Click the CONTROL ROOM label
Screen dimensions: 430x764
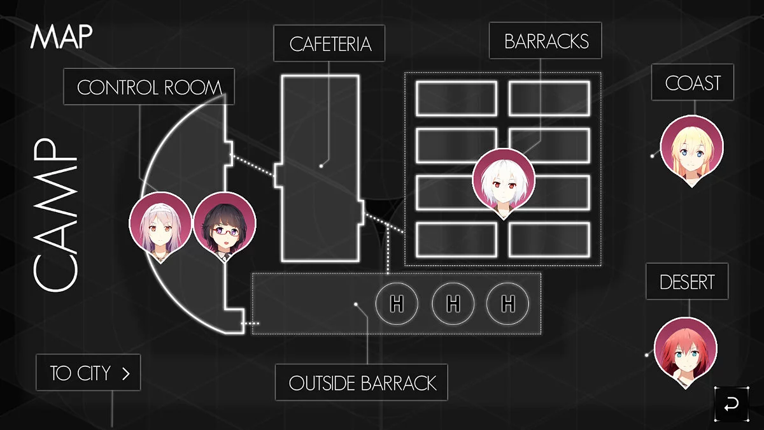click(x=149, y=87)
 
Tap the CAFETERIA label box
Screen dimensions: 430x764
click(x=330, y=43)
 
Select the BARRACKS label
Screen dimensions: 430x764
click(x=546, y=41)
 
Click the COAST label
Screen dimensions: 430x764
click(x=693, y=82)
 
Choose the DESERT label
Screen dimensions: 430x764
click(x=687, y=282)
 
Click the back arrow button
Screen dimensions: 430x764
click(x=732, y=404)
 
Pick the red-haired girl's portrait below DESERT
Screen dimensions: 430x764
click(x=686, y=350)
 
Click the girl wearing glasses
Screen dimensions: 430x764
click(x=224, y=224)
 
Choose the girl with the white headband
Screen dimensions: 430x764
click(x=160, y=224)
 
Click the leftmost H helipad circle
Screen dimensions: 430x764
click(x=397, y=304)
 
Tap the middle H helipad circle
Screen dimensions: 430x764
click(x=453, y=304)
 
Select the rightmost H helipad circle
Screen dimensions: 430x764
click(x=507, y=304)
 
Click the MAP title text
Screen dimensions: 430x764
click(x=61, y=37)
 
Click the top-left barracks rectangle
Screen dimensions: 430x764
click(x=456, y=98)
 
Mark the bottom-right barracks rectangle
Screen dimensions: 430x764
click(x=549, y=239)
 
